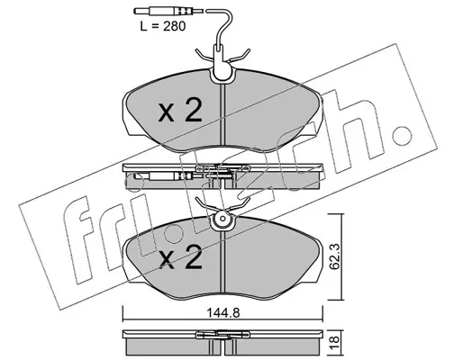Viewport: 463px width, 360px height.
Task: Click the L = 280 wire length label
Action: (x=162, y=26)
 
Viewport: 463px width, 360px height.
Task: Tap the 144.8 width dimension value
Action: (x=222, y=313)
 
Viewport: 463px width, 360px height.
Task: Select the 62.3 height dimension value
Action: (x=334, y=258)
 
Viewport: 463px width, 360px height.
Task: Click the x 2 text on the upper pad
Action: (x=180, y=111)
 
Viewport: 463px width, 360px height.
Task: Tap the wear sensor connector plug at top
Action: (x=165, y=12)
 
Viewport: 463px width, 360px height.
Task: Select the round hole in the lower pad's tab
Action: (x=222, y=219)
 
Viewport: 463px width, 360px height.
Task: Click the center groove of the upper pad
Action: (x=222, y=114)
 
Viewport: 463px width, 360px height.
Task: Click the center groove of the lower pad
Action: (x=222, y=262)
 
